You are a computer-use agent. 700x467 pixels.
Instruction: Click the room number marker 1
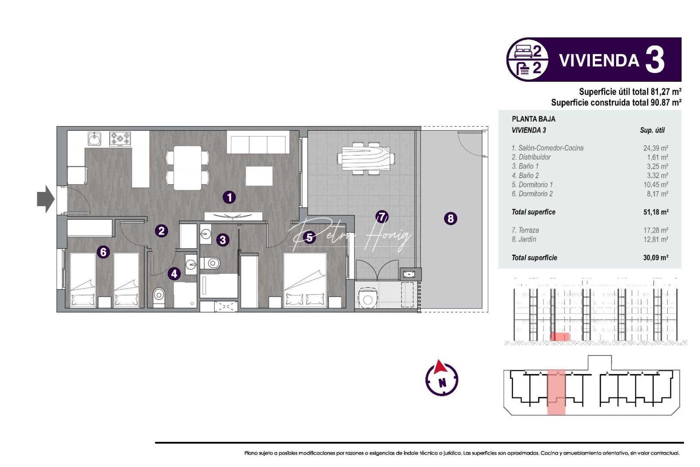click(229, 197)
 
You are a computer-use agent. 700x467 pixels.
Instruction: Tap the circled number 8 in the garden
click(450, 218)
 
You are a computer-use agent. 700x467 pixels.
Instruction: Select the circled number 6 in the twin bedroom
click(103, 252)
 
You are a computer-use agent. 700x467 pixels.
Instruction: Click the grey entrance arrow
click(45, 199)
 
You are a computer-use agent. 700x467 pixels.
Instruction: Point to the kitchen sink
click(95, 139)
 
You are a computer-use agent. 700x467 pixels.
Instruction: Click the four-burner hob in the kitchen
click(120, 139)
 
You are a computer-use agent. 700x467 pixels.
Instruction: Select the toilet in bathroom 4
click(159, 296)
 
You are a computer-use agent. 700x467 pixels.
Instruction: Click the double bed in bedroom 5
click(305, 280)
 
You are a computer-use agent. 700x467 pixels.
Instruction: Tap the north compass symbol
click(442, 378)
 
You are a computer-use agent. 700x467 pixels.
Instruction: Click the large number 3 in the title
click(655, 60)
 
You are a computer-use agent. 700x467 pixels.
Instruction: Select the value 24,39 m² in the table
click(655, 148)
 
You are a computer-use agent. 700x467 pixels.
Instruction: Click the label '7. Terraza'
click(525, 230)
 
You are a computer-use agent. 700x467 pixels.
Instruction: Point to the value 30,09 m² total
click(655, 257)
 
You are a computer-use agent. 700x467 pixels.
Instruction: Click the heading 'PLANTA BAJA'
click(533, 119)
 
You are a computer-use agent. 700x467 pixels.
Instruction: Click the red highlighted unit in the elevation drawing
click(560, 336)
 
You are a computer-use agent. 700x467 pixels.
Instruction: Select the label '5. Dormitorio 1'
click(532, 185)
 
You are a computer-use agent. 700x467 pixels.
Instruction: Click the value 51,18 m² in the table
click(655, 212)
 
